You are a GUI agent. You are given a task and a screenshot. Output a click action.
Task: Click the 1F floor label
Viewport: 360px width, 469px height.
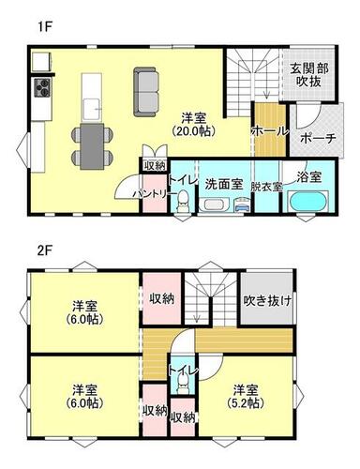[x=44, y=27]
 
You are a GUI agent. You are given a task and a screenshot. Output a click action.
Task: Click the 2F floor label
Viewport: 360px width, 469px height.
[x=45, y=251]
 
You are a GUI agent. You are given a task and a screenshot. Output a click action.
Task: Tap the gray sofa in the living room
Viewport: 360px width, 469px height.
[x=146, y=92]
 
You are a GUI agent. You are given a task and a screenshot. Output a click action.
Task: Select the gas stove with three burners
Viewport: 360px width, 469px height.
[x=42, y=87]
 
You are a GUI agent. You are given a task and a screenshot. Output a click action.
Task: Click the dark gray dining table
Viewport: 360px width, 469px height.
[x=92, y=146]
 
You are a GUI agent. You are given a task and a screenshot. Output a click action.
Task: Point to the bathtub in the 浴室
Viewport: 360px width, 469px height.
[x=308, y=202]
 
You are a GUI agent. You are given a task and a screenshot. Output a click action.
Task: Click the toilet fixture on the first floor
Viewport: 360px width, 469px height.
[x=183, y=203]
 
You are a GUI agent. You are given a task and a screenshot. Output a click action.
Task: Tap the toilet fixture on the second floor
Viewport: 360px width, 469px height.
[x=183, y=385]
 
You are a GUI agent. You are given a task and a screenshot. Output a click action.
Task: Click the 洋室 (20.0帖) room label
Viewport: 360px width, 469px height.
[x=194, y=125]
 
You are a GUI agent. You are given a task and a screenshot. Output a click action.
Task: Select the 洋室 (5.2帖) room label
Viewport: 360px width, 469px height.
[x=247, y=397]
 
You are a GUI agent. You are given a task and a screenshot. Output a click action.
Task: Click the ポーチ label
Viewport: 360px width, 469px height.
[x=318, y=138]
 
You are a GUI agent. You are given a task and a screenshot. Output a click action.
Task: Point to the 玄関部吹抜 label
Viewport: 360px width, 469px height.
[x=309, y=75]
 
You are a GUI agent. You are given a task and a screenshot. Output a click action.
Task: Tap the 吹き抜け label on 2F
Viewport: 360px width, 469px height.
[x=267, y=300]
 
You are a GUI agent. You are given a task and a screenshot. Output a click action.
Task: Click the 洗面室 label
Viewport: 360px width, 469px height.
[x=224, y=185]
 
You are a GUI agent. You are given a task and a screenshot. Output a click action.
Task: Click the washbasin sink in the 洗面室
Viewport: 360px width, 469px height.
[x=214, y=205]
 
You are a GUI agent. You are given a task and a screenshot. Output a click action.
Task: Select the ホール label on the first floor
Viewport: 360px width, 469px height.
[x=269, y=131]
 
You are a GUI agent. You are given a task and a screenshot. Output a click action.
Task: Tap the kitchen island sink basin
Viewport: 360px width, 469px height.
[x=92, y=109]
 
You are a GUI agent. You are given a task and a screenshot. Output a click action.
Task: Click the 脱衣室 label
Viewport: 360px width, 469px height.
[x=267, y=187]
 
